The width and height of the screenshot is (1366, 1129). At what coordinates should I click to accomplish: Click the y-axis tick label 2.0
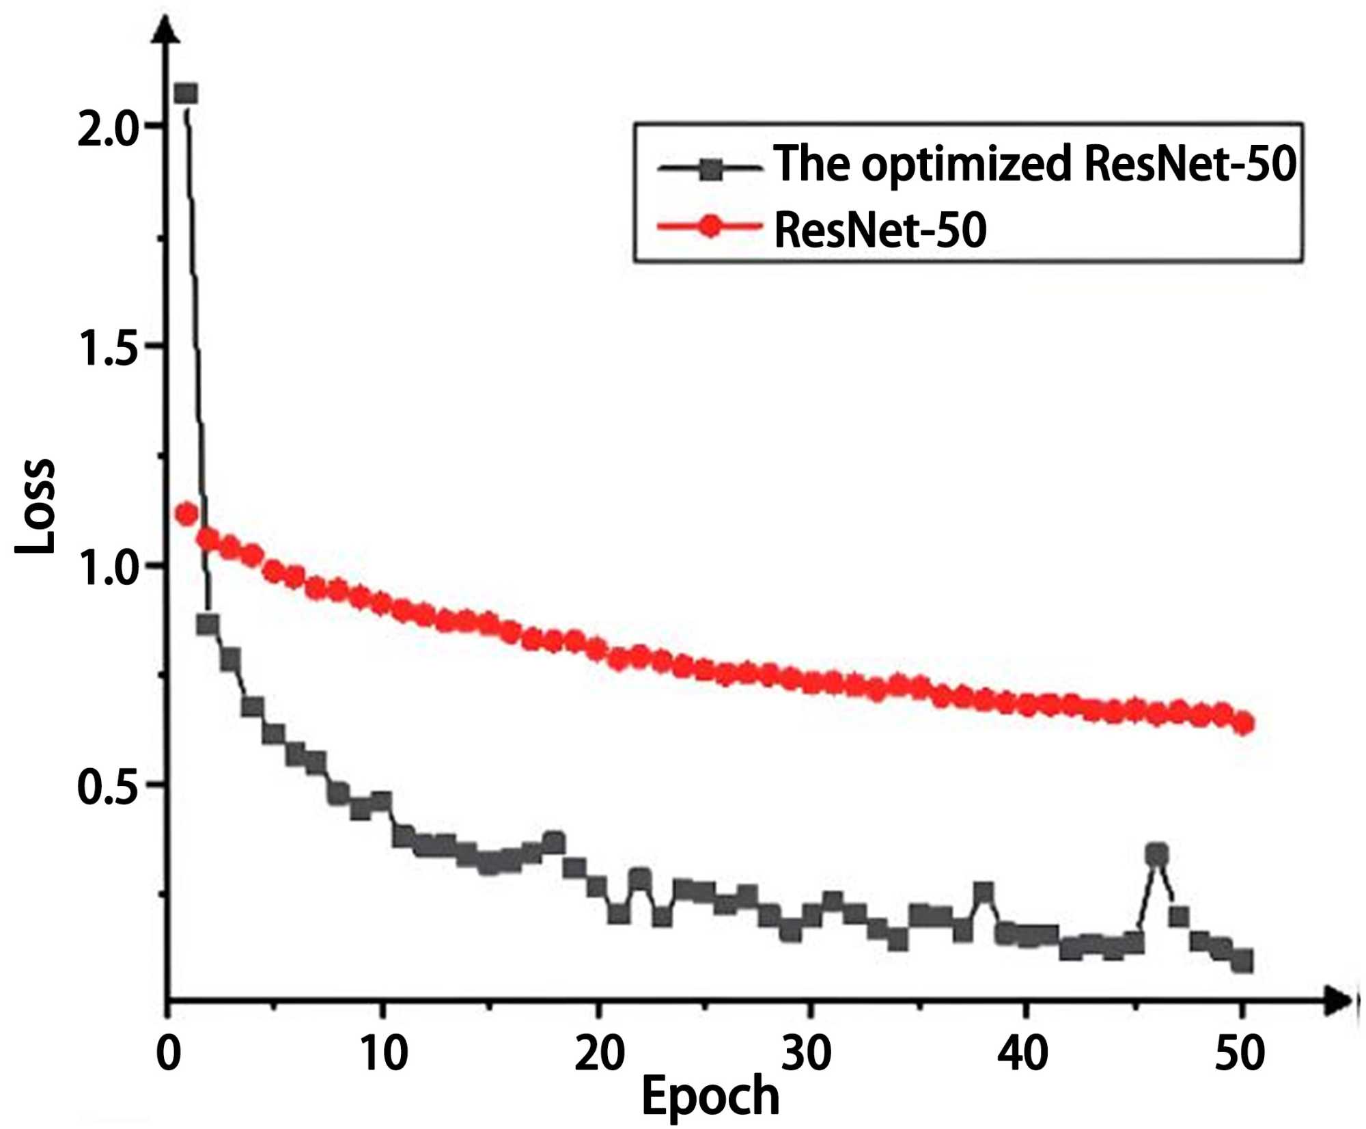(108, 128)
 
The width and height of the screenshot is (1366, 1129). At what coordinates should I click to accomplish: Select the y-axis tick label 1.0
(108, 567)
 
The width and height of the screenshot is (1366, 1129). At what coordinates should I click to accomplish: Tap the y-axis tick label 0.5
(108, 787)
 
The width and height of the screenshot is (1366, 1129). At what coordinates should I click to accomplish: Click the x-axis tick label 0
(169, 1053)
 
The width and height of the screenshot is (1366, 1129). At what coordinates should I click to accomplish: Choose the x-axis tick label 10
(384, 1053)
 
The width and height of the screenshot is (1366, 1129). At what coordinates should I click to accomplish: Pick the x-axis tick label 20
(599, 1053)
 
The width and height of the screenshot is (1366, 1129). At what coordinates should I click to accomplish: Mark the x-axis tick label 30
(807, 1053)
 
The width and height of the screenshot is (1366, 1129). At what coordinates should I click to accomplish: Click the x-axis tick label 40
(1022, 1053)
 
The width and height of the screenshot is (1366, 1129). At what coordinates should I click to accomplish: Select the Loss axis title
(36, 506)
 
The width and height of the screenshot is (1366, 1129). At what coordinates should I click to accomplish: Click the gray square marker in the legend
(711, 168)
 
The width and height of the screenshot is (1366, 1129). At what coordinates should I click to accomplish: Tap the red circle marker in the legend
(711, 226)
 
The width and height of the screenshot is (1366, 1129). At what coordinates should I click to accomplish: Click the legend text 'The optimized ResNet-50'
(1034, 164)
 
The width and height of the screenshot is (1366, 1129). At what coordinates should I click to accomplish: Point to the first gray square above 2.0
(186, 94)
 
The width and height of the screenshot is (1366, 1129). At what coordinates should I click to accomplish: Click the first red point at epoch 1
(186, 514)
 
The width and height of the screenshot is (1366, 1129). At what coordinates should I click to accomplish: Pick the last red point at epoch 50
(1245, 723)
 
